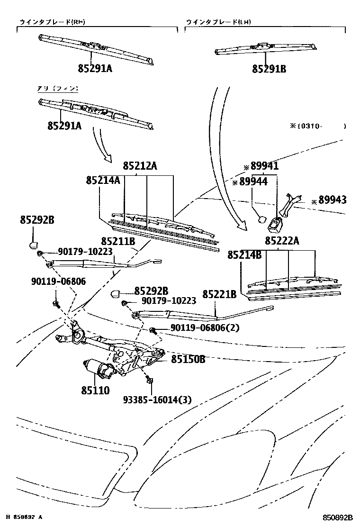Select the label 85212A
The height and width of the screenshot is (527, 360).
(140, 166)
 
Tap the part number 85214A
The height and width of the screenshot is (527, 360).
(103, 181)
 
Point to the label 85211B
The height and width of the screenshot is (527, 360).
(118, 242)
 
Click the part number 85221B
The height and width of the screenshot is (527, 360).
(219, 295)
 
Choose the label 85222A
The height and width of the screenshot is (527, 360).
(282, 241)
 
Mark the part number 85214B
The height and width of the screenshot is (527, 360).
(244, 255)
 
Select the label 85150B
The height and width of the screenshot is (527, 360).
(188, 359)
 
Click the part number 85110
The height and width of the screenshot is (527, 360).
(95, 391)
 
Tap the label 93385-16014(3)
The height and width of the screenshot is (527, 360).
(157, 400)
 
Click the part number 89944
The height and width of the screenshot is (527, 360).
(253, 182)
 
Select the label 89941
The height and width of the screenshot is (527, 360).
(264, 167)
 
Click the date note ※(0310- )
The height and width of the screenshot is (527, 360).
(318, 126)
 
